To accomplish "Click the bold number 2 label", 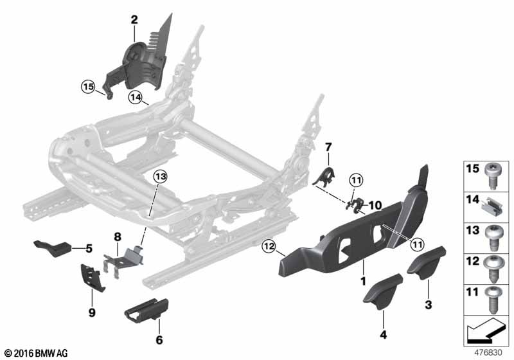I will tap(134, 20).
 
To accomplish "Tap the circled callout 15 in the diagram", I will tap(87, 85).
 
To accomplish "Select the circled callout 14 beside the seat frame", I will tap(134, 98).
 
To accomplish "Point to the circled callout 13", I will tap(159, 176).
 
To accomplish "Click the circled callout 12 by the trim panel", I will tap(269, 245).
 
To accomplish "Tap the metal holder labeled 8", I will tap(127, 260).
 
